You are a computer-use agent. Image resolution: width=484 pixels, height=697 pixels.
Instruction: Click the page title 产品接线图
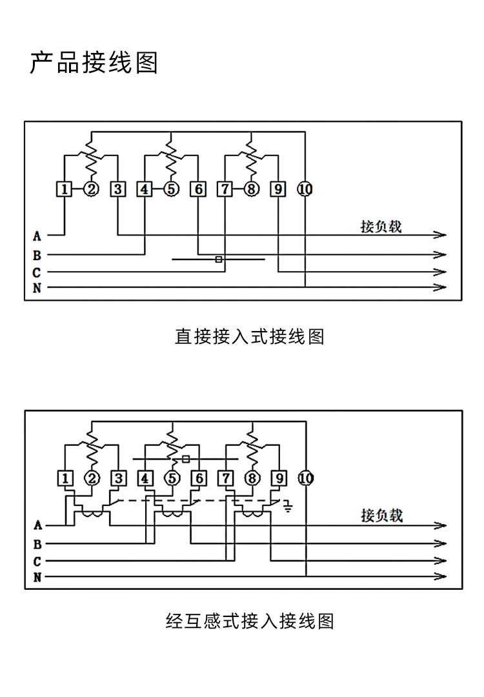[94, 64]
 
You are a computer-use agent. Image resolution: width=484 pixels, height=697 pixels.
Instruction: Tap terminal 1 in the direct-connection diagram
[65, 189]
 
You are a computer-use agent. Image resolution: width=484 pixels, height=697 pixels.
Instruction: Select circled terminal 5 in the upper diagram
[170, 189]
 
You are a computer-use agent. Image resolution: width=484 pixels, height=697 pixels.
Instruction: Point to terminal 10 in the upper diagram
[305, 189]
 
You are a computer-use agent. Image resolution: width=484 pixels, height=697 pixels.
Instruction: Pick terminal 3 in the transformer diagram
[118, 478]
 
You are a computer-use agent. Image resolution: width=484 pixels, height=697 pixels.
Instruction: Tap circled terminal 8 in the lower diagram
[252, 478]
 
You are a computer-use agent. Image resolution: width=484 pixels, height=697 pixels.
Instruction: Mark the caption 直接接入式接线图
[250, 336]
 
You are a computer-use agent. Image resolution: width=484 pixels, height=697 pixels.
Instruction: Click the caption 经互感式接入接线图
[250, 621]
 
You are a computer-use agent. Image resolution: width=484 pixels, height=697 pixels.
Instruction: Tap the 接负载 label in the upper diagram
[381, 227]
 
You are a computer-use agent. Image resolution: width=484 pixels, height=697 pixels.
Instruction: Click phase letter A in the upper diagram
[37, 236]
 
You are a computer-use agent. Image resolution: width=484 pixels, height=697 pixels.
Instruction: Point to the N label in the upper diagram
[37, 288]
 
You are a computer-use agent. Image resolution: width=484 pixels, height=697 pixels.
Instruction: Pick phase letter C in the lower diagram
[37, 561]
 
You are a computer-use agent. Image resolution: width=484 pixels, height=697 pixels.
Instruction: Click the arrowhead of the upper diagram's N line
[441, 287]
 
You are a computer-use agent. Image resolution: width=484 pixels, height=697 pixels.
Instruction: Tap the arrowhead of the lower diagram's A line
[441, 525]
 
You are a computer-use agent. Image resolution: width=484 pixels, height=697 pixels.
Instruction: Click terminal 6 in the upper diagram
[198, 189]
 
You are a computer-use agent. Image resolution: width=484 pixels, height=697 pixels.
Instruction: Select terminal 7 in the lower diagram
[225, 478]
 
